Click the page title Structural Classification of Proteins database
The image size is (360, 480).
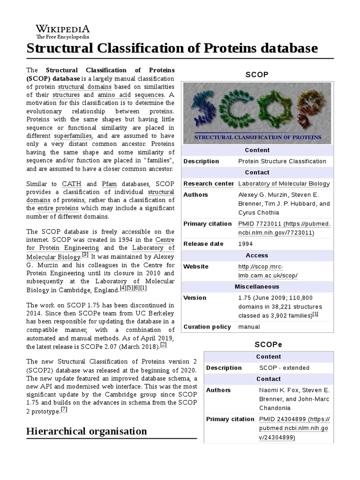tap(172, 48)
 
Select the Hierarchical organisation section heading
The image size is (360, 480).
tap(87, 431)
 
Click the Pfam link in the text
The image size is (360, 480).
tap(109, 184)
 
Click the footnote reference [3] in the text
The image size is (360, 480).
tap(85, 255)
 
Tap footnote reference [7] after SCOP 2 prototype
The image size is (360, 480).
tap(64, 409)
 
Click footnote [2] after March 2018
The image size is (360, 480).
tap(163, 345)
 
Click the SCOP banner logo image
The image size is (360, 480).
tap(257, 113)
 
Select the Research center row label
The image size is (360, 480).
tap(208, 184)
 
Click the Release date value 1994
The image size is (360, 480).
tap(245, 244)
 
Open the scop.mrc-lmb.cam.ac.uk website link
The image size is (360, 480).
tap(268, 271)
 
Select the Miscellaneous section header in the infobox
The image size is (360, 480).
tap(257, 286)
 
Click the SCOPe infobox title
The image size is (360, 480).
tap(269, 344)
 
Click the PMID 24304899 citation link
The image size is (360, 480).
tap(294, 428)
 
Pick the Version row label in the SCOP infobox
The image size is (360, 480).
tap(195, 298)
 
